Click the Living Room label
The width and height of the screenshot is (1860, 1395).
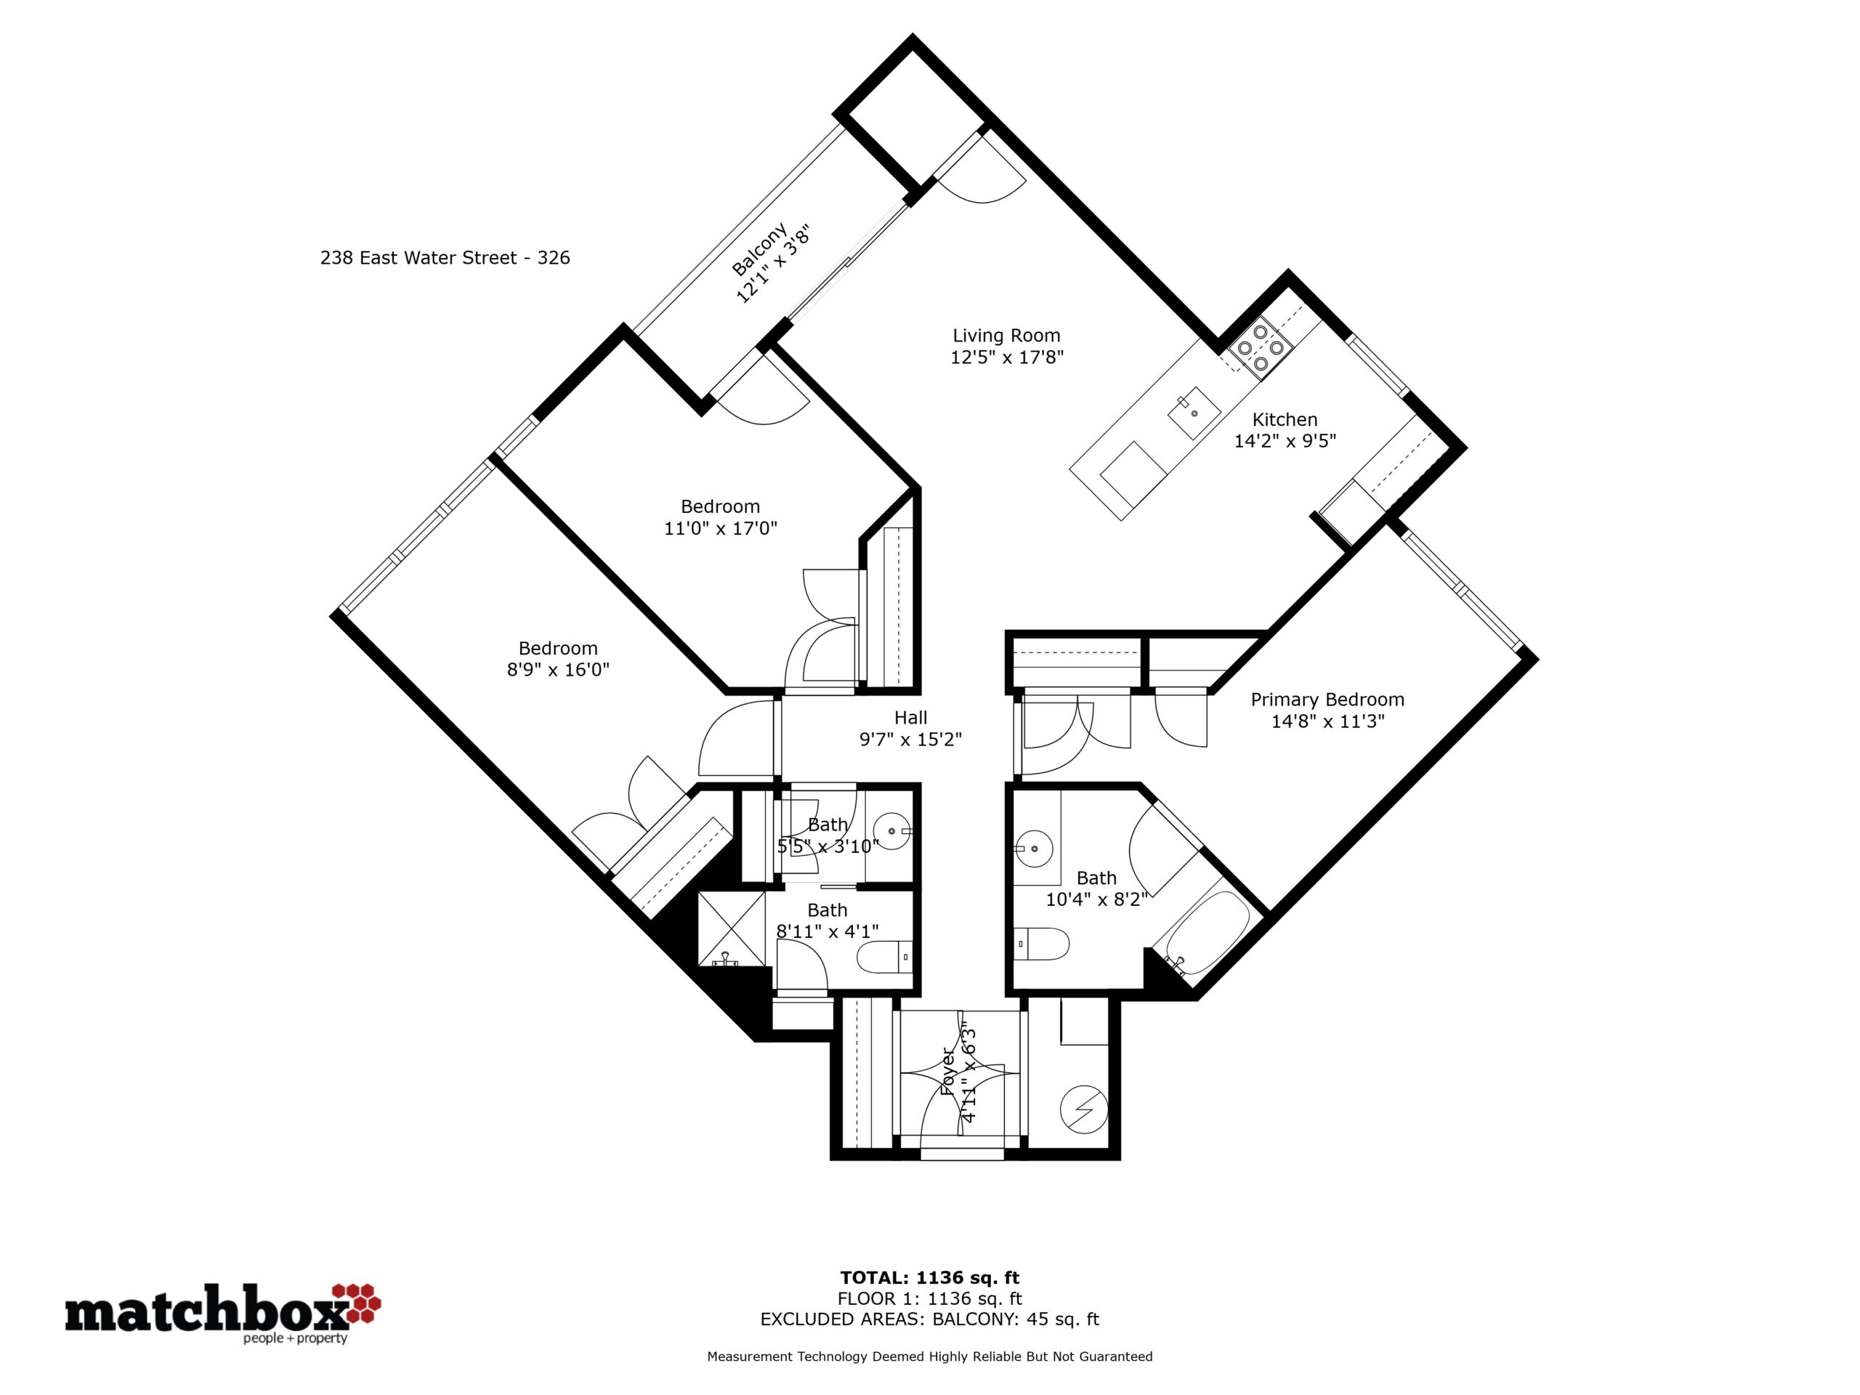point(1006,336)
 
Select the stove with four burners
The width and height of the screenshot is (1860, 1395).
point(1260,347)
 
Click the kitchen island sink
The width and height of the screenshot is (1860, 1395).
point(1193,413)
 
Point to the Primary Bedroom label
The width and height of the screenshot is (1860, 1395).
point(1327,700)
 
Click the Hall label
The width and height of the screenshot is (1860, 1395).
point(910,717)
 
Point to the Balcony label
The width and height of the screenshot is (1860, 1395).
point(759,249)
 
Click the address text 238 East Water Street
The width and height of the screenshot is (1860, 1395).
point(418,258)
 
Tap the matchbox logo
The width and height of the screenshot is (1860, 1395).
point(223,1313)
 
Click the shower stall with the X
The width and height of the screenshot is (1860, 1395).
point(732,929)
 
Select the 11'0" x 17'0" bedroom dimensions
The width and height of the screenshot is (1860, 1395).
point(721,529)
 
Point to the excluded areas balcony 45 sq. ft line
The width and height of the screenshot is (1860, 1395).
point(930,1319)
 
